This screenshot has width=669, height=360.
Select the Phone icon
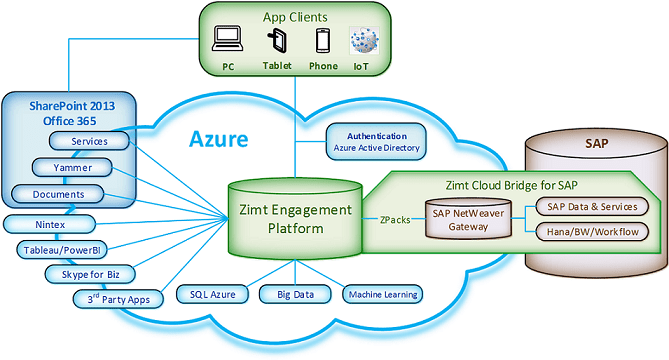coord(322,41)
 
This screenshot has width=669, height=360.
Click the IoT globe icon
coord(362,41)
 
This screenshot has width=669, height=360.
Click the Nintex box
coord(48,222)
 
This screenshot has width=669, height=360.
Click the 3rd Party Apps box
coord(114,297)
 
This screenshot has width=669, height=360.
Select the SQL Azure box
coord(211,294)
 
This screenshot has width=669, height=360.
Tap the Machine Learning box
coord(380,294)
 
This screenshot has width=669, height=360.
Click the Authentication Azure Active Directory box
coord(376,142)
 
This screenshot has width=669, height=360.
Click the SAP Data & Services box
coord(592,206)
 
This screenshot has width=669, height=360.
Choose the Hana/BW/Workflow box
coord(592,233)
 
